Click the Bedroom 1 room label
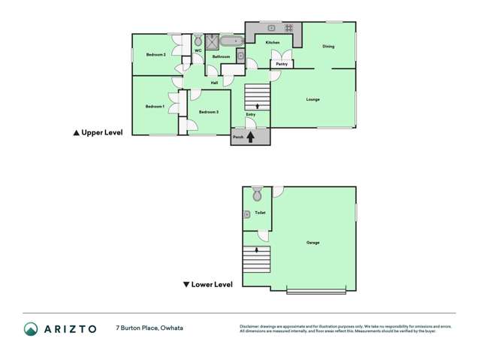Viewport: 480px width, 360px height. coord(155,107)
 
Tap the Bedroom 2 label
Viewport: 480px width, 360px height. coord(155,54)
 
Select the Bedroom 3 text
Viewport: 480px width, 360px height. coord(208,112)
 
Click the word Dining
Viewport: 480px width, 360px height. coord(328,47)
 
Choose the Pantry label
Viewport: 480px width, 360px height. coord(282,64)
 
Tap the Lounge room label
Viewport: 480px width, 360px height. coord(312,99)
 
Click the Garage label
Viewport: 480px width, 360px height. coord(312,242)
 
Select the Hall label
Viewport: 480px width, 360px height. coord(214,83)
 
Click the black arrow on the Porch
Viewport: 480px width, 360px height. coord(250,137)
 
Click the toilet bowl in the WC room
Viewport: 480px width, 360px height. coord(198,41)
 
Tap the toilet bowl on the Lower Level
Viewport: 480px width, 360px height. coord(258,195)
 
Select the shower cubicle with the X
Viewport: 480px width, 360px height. coord(213,41)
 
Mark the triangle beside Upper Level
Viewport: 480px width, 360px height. coord(76,132)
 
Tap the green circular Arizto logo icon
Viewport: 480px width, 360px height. coord(31,328)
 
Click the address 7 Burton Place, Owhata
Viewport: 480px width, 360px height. coord(149,328)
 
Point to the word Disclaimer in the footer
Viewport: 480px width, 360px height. coord(249,326)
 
